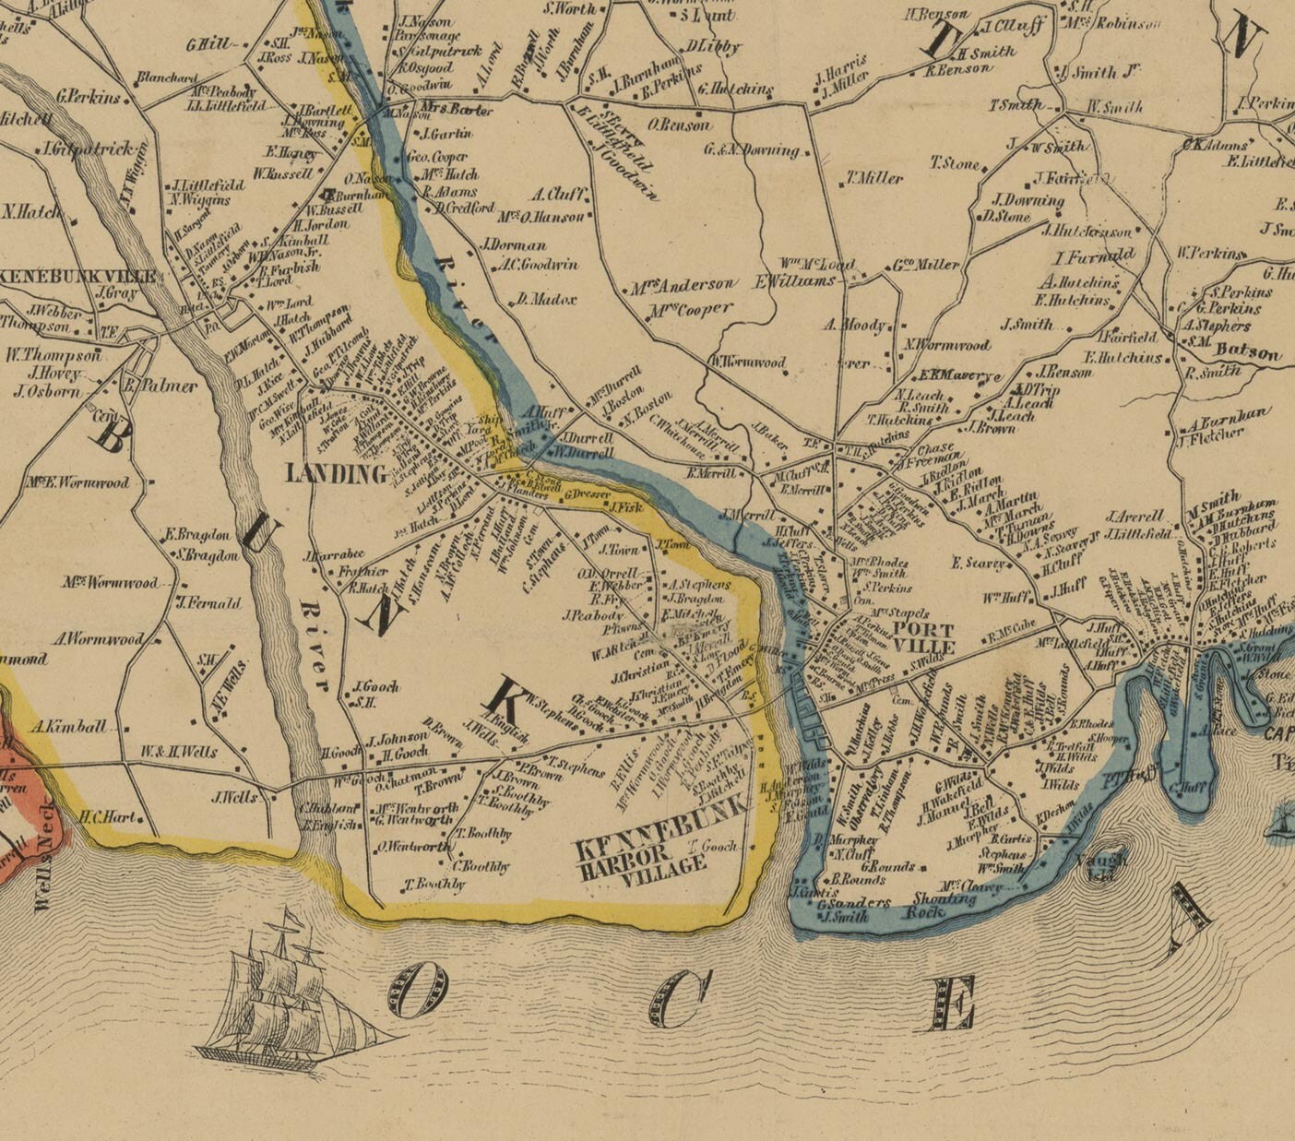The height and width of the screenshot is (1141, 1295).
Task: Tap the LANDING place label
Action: pos(336,474)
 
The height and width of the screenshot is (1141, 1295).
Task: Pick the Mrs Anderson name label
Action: pos(683,286)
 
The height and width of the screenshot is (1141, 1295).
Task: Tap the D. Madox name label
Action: pos(546,300)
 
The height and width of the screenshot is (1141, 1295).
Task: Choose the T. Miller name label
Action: pos(875,179)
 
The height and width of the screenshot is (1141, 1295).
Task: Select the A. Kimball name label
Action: pos(68,727)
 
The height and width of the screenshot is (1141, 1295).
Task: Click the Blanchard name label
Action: pos(167,77)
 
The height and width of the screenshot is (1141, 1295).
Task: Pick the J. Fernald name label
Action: pos(208,603)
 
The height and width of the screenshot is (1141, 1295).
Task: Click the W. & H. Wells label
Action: pos(179,752)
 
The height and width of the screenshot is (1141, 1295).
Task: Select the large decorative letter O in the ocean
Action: pos(422,987)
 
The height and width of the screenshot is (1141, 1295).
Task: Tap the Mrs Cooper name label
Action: pos(690,310)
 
